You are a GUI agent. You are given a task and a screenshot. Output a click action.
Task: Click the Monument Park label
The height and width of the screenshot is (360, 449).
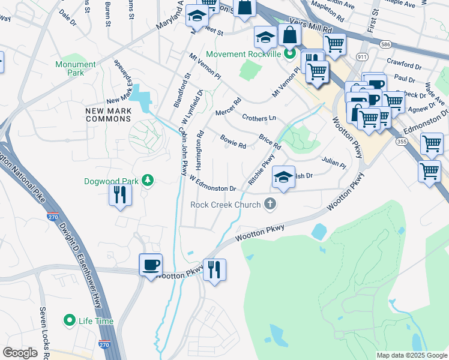75,68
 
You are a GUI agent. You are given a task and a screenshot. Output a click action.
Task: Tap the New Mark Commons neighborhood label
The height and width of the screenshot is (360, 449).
108,115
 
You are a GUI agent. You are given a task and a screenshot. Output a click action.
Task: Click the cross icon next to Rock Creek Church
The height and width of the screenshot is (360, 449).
270,205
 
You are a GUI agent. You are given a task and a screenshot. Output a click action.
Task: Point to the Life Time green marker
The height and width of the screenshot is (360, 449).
70,321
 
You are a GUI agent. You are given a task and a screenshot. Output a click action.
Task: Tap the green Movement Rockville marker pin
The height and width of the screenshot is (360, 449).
290,54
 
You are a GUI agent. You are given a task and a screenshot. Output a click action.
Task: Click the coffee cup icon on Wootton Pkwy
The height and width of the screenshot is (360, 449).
150,264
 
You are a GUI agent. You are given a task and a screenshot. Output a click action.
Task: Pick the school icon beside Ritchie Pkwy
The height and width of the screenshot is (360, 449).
283,177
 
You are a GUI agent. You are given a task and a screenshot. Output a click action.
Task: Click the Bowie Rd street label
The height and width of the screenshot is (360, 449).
233,142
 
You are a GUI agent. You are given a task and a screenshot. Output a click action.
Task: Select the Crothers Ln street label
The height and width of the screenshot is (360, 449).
259,118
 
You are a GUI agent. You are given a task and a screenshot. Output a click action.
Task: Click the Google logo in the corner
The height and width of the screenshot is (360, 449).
20,353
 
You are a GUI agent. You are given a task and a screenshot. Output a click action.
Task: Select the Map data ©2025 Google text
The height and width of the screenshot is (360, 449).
411,355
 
